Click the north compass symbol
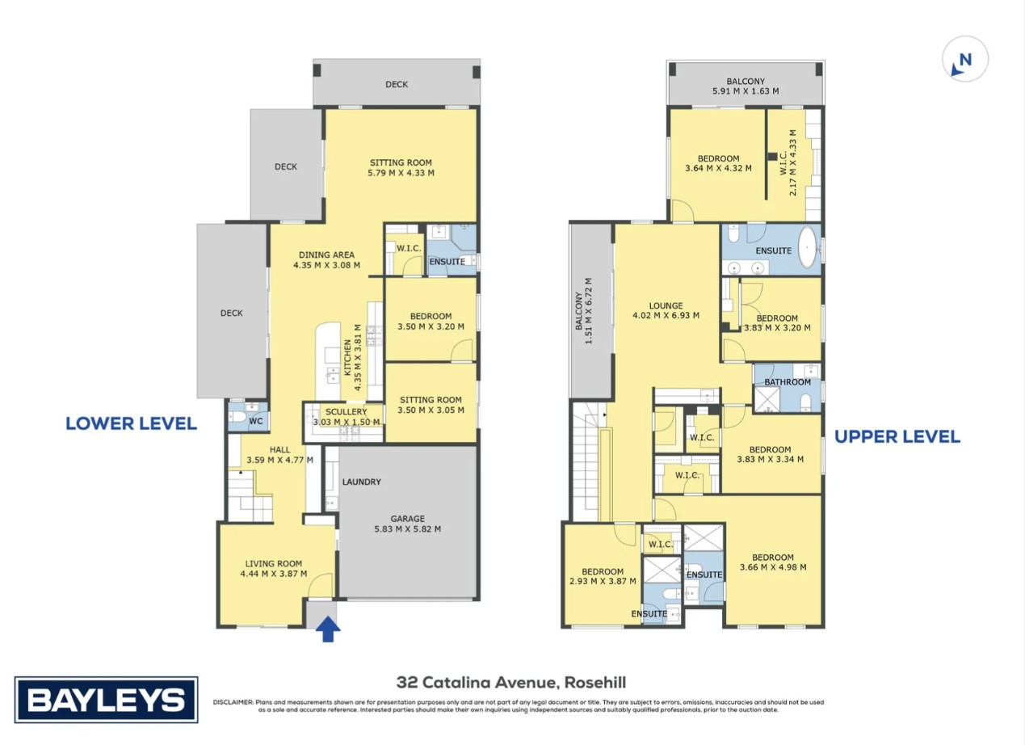(965, 59)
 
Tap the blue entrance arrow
(328, 629)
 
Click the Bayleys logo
(106, 700)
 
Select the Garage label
(407, 519)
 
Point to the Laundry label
(362, 482)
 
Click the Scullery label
(346, 411)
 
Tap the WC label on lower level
(256, 421)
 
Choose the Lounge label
(666, 305)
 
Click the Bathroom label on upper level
(788, 382)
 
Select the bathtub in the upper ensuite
(809, 249)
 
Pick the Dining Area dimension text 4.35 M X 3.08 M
(326, 265)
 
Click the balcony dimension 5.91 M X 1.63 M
(746, 91)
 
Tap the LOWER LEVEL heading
(132, 423)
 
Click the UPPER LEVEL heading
(897, 437)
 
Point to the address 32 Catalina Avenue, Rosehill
(511, 682)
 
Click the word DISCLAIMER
(233, 702)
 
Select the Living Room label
(274, 564)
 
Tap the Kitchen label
(347, 358)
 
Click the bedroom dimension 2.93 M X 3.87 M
(603, 581)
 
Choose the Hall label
(279, 449)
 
